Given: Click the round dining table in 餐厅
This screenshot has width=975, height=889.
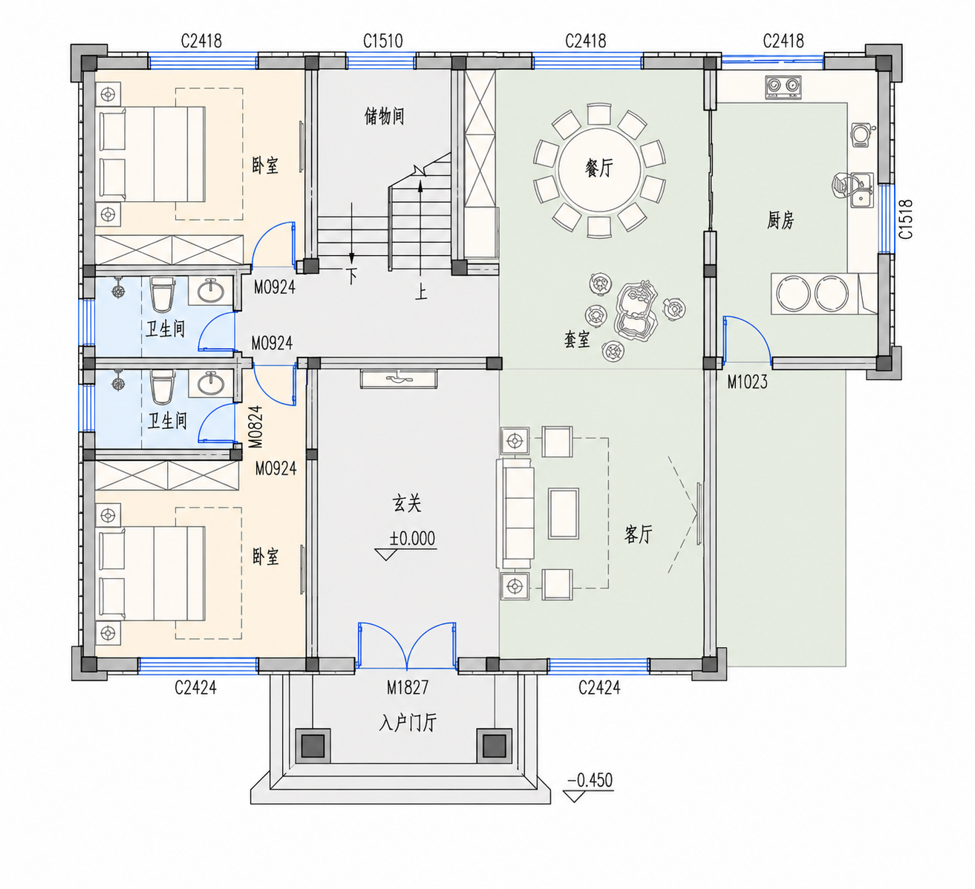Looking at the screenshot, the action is (599, 170).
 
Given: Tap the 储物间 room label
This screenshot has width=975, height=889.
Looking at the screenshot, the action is (384, 117).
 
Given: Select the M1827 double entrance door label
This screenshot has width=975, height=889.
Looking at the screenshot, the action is (408, 687).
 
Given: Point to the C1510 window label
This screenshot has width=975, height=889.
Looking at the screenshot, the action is (383, 41).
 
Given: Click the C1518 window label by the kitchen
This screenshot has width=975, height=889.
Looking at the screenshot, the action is (906, 219).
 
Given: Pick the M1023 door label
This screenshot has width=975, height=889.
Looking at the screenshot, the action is (747, 382).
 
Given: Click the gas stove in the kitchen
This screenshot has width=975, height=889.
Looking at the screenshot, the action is (783, 88).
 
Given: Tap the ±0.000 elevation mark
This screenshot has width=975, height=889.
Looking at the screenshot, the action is (412, 538).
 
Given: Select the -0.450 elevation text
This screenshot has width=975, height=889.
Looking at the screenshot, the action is (590, 780).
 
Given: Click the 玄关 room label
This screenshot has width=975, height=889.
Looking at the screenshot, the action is (407, 504).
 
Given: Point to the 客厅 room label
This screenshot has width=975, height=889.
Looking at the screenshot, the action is (638, 534).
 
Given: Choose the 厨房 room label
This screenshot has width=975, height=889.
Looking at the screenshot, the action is (780, 220).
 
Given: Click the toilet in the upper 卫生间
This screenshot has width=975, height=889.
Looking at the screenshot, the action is (162, 295).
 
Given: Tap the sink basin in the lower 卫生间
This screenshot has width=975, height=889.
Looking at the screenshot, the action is (211, 384).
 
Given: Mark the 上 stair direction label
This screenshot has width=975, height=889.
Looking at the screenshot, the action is (421, 292).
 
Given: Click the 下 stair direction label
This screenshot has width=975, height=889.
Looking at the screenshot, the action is (351, 276).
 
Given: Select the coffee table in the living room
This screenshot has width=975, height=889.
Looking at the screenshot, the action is (564, 514).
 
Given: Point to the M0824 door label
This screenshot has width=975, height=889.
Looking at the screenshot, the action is (255, 427).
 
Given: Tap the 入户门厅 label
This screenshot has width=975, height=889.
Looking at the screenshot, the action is (408, 723).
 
